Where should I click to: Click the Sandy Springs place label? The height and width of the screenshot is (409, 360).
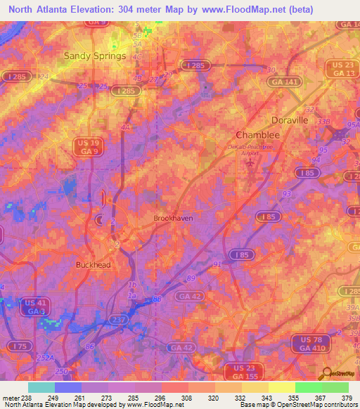pos(95,56)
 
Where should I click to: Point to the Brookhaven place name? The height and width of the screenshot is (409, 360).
pos(173,219)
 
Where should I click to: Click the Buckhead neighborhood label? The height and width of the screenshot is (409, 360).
pos(94,265)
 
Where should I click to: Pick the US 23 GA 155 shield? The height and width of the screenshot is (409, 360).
pos(242,372)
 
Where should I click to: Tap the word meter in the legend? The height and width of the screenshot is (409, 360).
pos(11,397)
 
